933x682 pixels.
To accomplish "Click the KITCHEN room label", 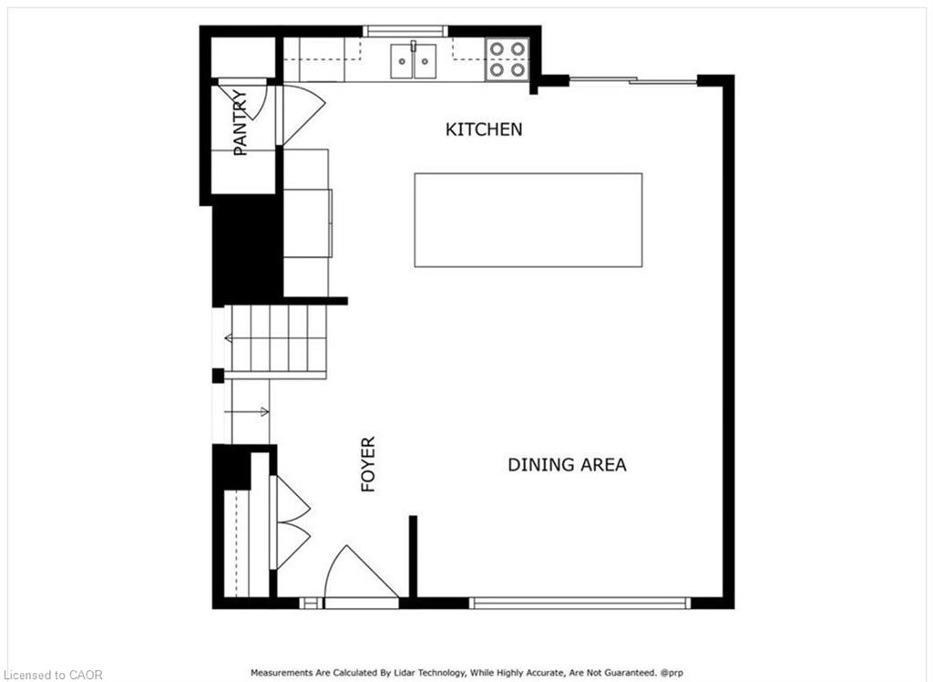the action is (x=484, y=129).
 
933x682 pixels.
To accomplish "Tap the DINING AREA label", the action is (x=567, y=465).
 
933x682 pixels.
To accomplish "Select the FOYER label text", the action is (x=368, y=464).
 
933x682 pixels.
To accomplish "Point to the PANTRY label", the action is (x=240, y=123).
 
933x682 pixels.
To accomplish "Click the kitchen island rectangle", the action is (x=528, y=220).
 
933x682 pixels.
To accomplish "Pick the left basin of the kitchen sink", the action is (x=402, y=61).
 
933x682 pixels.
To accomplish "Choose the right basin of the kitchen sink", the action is (x=425, y=61).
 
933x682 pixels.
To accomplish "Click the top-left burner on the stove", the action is (x=497, y=49).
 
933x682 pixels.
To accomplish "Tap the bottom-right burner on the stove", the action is (x=518, y=70).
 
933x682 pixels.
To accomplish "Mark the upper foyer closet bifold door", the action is (x=291, y=499).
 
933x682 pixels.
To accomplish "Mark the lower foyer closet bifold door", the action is (x=291, y=546).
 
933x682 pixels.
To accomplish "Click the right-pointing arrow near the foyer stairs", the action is (x=247, y=411).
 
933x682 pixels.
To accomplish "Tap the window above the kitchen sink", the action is (x=405, y=31).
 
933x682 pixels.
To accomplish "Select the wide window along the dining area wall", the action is (x=580, y=603).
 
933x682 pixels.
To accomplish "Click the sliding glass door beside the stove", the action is (x=633, y=80).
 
